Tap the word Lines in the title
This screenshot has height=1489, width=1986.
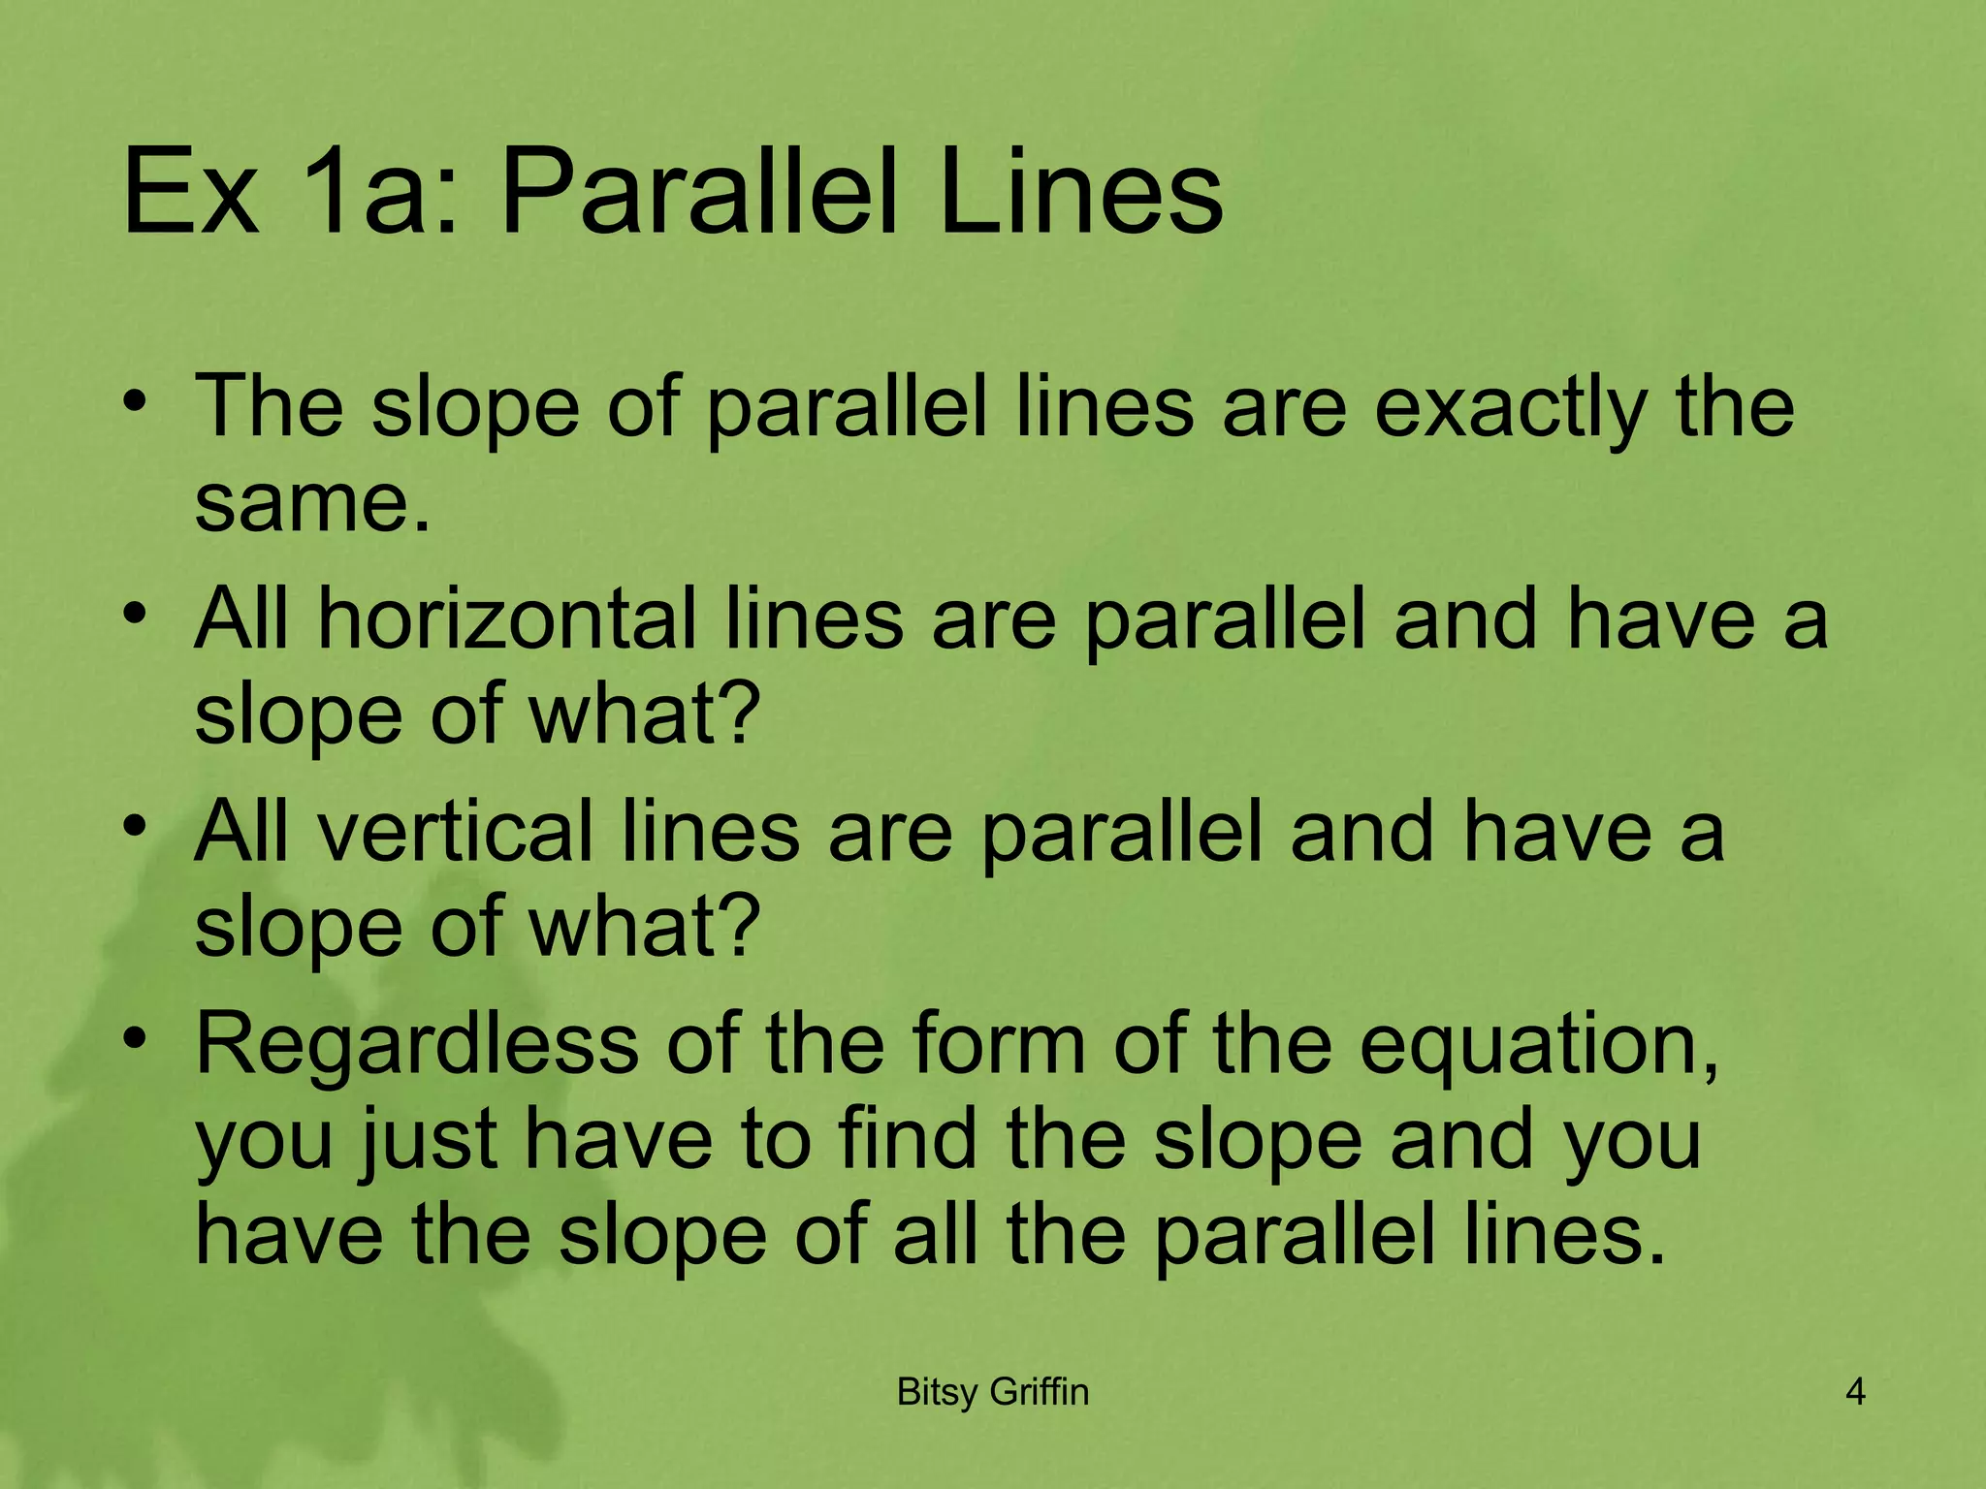pyautogui.click(x=1080, y=194)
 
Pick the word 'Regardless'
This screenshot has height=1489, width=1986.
pyautogui.click(x=417, y=1045)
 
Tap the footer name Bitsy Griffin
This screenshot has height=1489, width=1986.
pyautogui.click(x=993, y=1392)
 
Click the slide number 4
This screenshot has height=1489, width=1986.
pyautogui.click(x=1855, y=1392)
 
